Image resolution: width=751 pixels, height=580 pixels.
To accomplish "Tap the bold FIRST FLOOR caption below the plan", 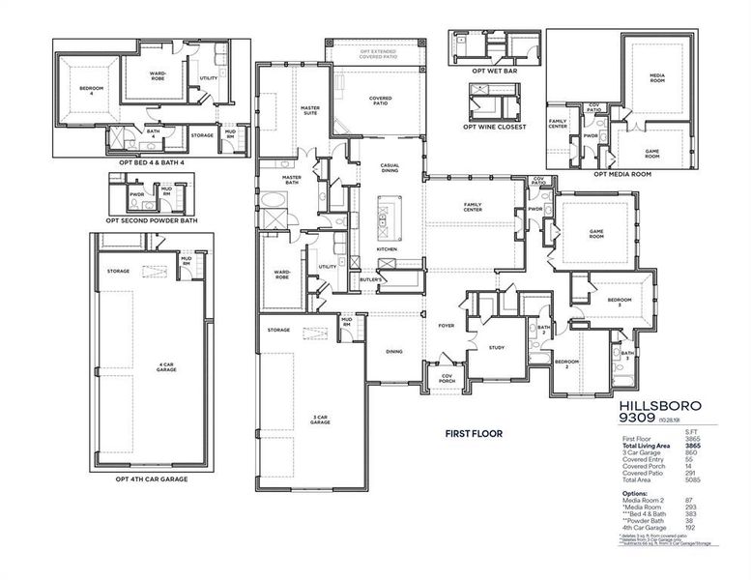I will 471,434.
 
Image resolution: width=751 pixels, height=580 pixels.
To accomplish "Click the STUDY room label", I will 496,348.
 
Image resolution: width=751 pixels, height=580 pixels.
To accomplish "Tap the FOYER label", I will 446,326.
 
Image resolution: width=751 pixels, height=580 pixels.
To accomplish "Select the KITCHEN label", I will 386,249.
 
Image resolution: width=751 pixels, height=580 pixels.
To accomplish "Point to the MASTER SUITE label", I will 310,110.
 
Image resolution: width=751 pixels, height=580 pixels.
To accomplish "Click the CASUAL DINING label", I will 389,168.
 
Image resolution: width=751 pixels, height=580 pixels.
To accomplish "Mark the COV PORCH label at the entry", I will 448,379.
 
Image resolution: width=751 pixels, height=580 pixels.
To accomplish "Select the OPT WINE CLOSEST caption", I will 494,127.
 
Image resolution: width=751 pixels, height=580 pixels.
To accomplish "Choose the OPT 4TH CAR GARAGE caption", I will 152,478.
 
